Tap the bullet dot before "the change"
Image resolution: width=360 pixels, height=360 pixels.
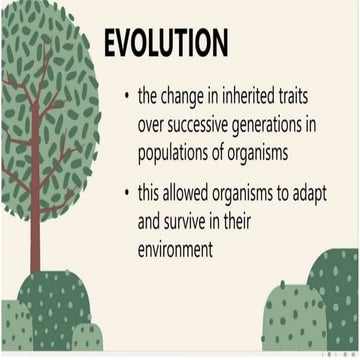(126, 97)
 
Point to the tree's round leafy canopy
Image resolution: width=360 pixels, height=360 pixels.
(45, 110)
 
